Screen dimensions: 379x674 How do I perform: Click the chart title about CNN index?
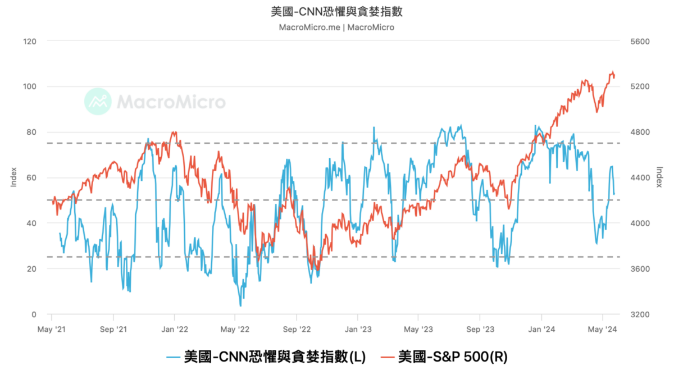[x=336, y=12]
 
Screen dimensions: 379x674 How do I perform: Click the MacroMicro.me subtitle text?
[x=336, y=27]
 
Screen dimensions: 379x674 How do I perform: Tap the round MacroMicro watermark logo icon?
[x=98, y=102]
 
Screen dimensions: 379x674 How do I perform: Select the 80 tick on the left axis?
[x=31, y=133]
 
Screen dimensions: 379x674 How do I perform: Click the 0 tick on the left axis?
[x=34, y=314]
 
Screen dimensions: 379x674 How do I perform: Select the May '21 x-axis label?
[x=52, y=330]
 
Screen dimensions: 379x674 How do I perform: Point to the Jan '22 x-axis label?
[x=175, y=330]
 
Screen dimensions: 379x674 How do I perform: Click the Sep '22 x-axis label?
[x=297, y=330]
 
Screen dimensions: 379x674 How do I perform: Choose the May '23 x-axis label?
[x=419, y=330]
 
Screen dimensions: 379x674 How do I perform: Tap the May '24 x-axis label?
[x=603, y=330]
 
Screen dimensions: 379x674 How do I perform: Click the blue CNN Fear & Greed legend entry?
[x=266, y=357]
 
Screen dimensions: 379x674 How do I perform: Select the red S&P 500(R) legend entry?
[x=444, y=357]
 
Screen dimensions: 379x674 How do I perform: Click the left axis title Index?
[x=13, y=177]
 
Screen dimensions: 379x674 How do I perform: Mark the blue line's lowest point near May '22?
[x=240, y=305]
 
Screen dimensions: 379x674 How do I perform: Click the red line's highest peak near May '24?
[x=612, y=72]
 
